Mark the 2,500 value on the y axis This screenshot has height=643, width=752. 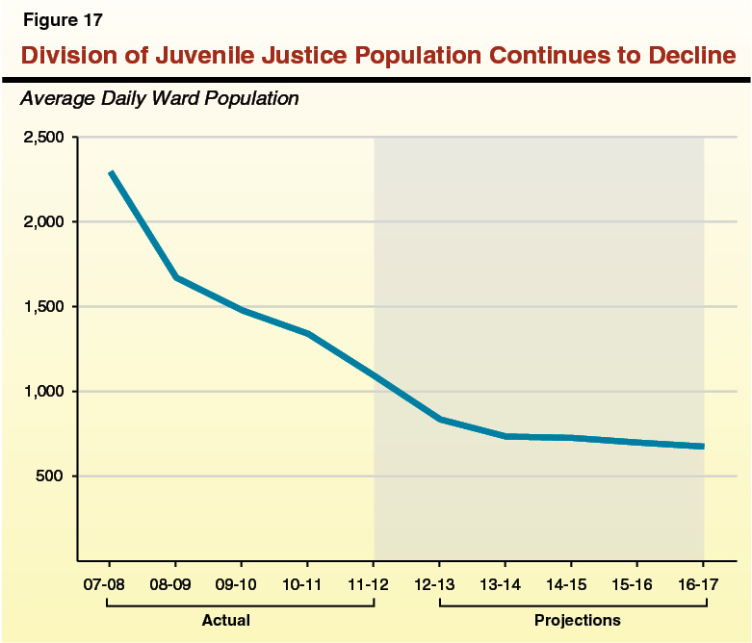click(x=42, y=138)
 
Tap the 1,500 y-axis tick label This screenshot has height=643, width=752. click(x=42, y=307)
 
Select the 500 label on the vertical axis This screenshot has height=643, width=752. click(x=50, y=476)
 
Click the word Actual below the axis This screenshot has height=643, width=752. click(x=225, y=620)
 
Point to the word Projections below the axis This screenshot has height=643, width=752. click(x=577, y=620)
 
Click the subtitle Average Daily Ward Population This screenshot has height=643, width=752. click(x=159, y=98)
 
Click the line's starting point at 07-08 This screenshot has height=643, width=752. click(x=111, y=172)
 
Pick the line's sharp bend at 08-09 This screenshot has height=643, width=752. click(x=175, y=277)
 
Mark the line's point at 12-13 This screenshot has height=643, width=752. click(x=439, y=419)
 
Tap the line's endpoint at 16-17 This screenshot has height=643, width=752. click(x=703, y=446)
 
